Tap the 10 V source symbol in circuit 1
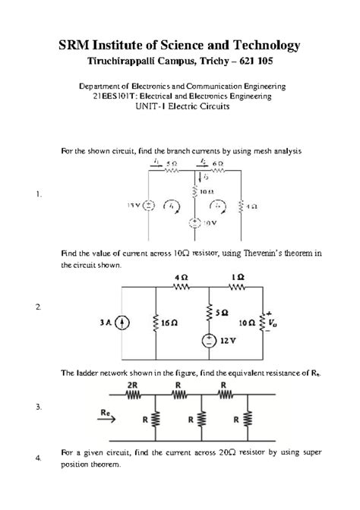pyautogui.click(x=195, y=224)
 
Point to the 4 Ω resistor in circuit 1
pyautogui.click(x=241, y=205)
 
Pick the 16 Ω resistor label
pyautogui.click(x=169, y=323)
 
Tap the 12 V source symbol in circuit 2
pyautogui.click(x=207, y=342)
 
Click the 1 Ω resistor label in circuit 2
pyautogui.click(x=238, y=279)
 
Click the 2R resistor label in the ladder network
pyautogui.click(x=132, y=385)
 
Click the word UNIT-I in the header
pyautogui.click(x=156, y=108)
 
